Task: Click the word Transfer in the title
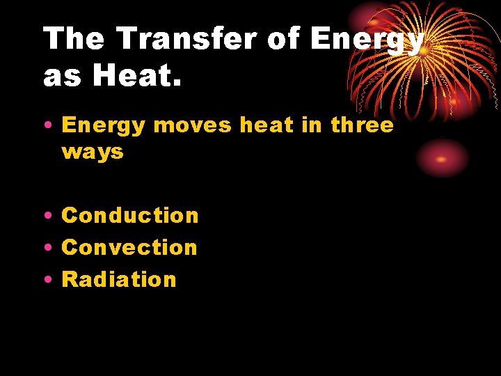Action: pos(186,39)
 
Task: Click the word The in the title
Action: pos(74,39)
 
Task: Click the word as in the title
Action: pos(61,77)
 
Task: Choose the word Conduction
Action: pos(130,216)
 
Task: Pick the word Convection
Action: pos(129,247)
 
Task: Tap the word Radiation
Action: pos(119,279)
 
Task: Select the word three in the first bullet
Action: pos(362,125)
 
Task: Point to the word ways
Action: pos(93,152)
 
